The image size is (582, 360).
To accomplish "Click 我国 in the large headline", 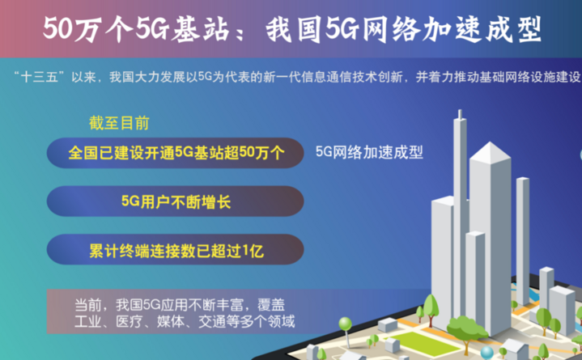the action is [x=293, y=29].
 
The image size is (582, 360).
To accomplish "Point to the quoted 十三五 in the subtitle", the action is [x=40, y=77].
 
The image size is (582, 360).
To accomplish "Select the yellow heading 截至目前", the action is [x=119, y=123].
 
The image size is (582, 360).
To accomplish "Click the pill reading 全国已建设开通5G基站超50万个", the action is [x=175, y=153].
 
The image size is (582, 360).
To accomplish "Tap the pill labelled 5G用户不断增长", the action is [x=175, y=201].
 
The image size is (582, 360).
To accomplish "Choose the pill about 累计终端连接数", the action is [x=175, y=250].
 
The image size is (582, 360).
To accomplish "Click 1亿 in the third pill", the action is [x=253, y=251].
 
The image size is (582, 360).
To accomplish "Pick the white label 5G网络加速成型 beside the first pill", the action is [x=369, y=152].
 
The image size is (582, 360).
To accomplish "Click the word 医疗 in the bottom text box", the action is [x=129, y=321].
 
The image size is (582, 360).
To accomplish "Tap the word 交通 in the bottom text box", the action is [x=212, y=321].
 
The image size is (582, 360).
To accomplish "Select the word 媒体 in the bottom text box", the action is [x=170, y=321].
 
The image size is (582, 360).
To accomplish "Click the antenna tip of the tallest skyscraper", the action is [x=460, y=110].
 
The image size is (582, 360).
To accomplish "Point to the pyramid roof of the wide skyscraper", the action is [x=490, y=152].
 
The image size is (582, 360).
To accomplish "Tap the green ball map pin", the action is [x=345, y=324].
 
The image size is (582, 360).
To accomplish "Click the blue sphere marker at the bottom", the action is [x=487, y=352].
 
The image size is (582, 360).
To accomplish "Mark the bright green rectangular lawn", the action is [x=425, y=343].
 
